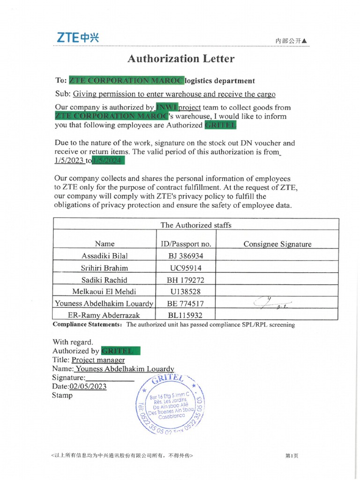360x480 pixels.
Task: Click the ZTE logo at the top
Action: (78, 38)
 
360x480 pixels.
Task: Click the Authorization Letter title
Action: (180, 59)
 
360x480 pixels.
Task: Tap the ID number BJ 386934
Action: (185, 255)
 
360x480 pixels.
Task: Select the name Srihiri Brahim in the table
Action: (104, 268)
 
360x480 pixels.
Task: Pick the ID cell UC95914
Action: (185, 268)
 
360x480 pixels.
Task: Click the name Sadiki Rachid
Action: (104, 280)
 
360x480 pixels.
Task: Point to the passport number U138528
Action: (185, 292)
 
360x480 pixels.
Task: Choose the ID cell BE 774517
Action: (185, 303)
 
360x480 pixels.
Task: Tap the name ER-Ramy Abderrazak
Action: (104, 315)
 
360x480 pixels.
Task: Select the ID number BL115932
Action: (185, 315)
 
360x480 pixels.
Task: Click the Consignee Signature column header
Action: (277, 244)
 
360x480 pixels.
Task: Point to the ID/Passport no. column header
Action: (186, 244)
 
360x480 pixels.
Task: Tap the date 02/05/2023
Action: (88, 386)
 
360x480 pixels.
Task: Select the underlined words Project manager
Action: (98, 360)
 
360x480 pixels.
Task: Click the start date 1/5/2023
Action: (69, 160)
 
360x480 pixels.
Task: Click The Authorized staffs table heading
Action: (196, 225)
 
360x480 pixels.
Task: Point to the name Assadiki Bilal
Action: (104, 255)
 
